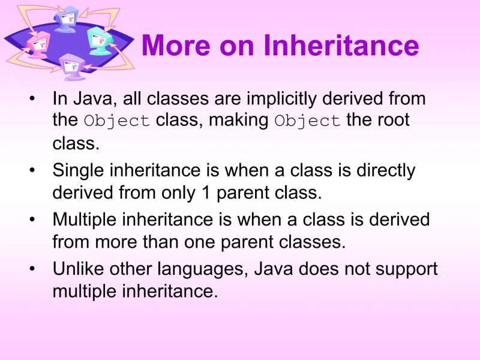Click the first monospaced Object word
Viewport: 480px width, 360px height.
(117, 121)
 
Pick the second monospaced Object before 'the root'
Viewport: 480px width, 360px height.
(308, 121)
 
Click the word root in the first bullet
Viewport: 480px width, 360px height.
(395, 120)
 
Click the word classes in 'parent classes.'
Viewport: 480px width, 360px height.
(315, 242)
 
